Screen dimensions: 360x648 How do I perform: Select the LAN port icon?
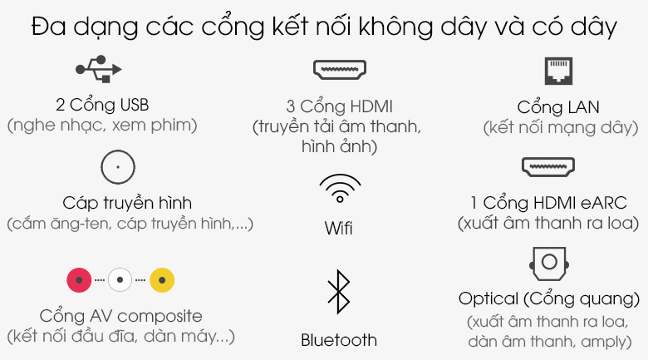coord(557,71)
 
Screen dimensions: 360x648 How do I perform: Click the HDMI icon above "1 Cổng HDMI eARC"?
coord(547,167)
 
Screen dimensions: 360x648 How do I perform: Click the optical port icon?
coord(547,264)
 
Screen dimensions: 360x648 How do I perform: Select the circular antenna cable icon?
coord(117,167)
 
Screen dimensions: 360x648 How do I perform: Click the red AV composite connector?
coord(79,279)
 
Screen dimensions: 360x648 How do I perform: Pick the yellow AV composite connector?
coord(162,279)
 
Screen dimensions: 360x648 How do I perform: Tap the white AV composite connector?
coord(120,279)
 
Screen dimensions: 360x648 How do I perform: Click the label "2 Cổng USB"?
coord(102,106)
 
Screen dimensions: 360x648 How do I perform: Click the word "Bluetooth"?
coord(338,339)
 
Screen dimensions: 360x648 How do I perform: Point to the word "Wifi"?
coord(338,228)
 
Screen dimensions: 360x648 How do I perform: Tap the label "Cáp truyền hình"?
coord(127,203)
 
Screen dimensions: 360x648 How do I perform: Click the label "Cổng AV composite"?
coord(120,317)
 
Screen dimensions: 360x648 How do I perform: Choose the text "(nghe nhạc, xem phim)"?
coord(102,126)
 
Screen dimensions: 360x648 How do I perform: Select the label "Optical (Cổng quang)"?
coord(553,298)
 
